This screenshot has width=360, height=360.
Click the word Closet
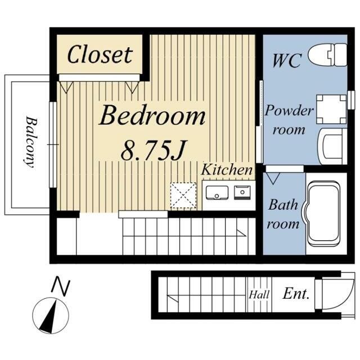point(100,55)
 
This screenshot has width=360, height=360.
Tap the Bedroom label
point(152,115)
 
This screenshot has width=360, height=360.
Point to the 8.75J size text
point(153,150)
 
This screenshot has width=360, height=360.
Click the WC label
point(287,61)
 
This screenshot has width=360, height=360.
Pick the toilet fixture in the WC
point(327,55)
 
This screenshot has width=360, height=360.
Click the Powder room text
point(289,120)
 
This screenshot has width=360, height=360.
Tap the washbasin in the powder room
point(332,146)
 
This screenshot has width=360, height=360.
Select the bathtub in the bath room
point(324,214)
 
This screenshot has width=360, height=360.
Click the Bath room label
point(283,214)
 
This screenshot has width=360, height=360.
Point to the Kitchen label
point(227,170)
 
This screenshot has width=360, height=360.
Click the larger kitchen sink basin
point(217,192)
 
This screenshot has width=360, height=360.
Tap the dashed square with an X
point(183,195)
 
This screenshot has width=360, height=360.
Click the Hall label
point(259,295)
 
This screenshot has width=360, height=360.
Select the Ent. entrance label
point(296,294)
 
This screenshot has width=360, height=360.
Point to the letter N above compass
point(61,286)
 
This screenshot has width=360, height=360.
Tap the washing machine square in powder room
point(331,109)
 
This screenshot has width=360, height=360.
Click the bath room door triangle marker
point(273,178)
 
